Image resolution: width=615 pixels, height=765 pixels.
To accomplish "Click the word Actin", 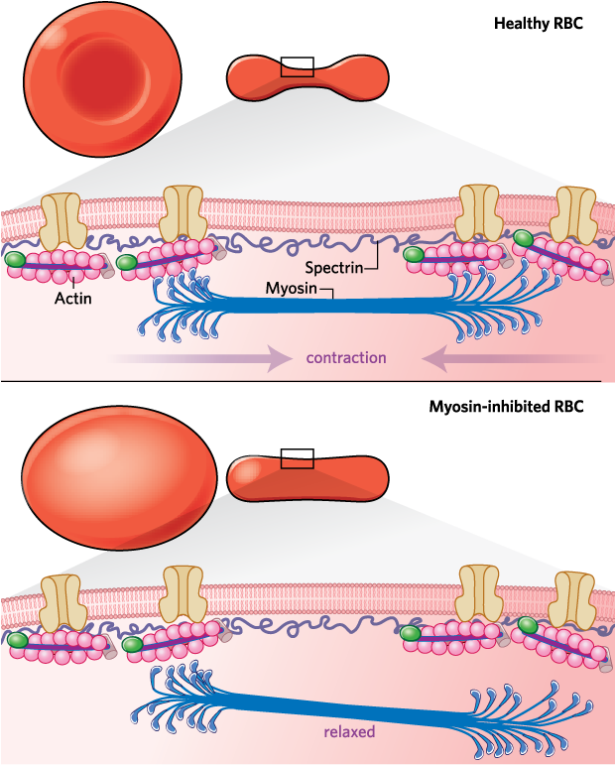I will point(72,297).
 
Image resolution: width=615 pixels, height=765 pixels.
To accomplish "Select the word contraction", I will point(346,357).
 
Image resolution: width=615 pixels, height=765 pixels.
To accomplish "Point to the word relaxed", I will point(348,734).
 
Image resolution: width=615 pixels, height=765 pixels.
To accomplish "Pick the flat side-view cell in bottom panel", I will point(307,477).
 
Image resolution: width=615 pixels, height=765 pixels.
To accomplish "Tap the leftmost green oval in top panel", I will point(16,260).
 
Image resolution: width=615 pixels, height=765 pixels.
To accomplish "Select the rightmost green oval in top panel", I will point(523,237).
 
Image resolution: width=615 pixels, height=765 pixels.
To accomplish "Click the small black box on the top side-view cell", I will point(298,70).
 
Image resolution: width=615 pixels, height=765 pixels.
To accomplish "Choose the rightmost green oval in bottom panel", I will point(529,626).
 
